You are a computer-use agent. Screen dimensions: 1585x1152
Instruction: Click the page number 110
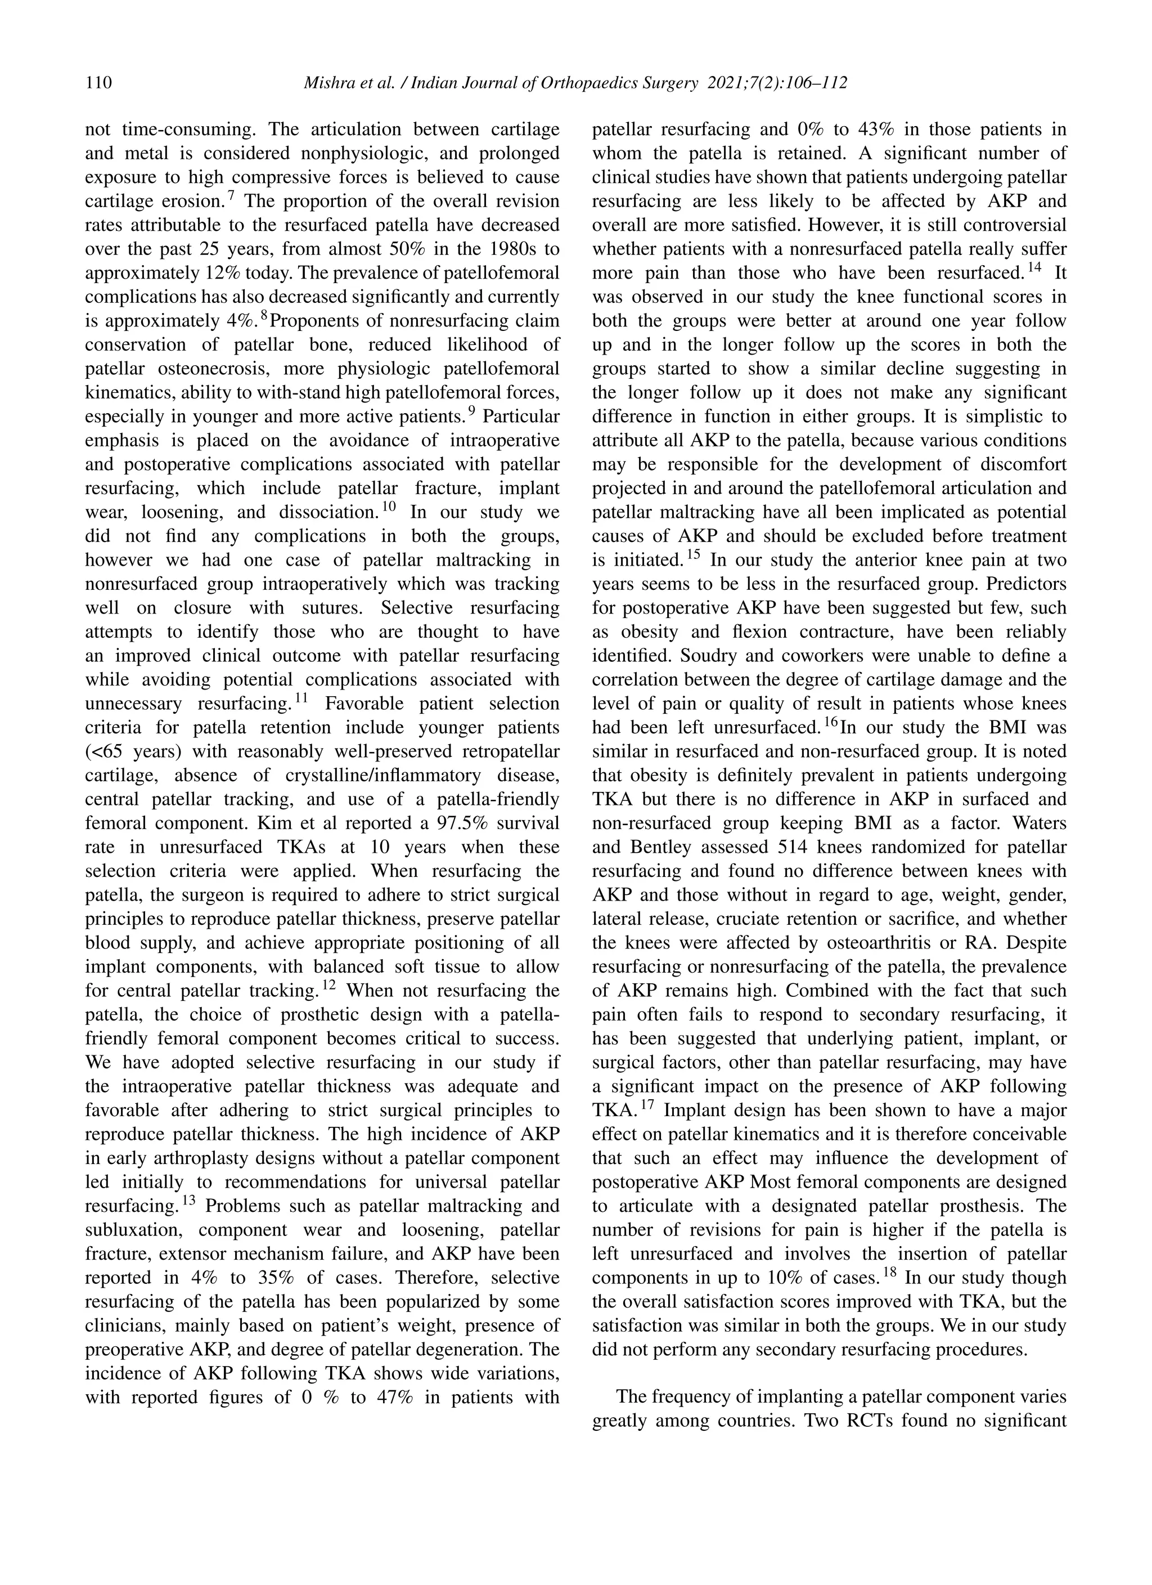click(98, 83)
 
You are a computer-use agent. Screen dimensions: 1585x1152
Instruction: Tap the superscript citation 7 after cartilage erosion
click(231, 196)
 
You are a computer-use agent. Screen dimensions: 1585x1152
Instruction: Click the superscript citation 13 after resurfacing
click(188, 1200)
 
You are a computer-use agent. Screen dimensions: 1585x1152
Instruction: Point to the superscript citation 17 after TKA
click(647, 1104)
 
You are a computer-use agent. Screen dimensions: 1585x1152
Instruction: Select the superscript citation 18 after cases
click(889, 1272)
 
